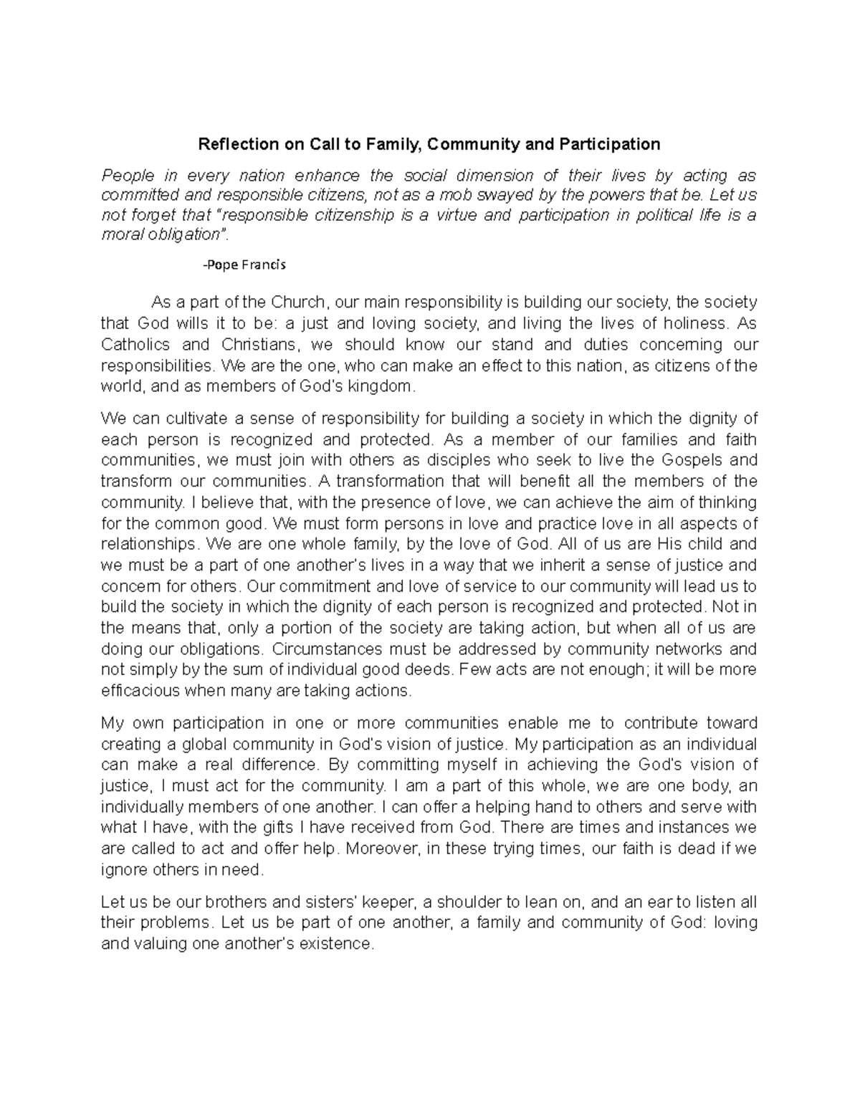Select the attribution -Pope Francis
coord(244,264)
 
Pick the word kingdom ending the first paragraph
coord(389,387)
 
